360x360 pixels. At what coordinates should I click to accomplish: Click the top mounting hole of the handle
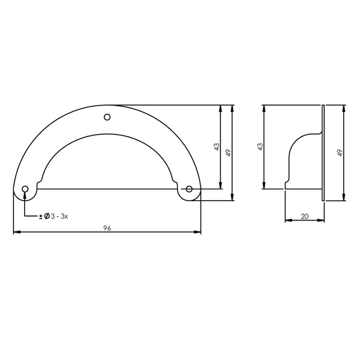[107, 117]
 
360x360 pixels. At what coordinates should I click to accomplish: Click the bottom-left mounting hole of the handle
[25, 190]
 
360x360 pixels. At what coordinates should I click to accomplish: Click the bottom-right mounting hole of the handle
[189, 190]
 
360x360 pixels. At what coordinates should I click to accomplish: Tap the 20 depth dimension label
[304, 217]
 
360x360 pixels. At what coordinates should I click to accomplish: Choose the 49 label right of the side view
[340, 153]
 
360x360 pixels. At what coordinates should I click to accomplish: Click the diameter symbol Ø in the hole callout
[46, 217]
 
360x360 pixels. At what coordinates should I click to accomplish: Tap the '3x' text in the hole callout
[64, 217]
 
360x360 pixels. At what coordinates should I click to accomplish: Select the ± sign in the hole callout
[41, 217]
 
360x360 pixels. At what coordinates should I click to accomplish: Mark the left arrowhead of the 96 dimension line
[16, 233]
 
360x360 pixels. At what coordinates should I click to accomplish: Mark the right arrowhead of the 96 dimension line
[198, 233]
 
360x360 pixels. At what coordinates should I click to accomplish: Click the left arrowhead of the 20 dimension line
[287, 221]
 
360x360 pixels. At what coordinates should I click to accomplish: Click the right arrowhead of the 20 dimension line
[322, 221]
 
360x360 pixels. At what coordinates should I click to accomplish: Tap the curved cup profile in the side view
[294, 149]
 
